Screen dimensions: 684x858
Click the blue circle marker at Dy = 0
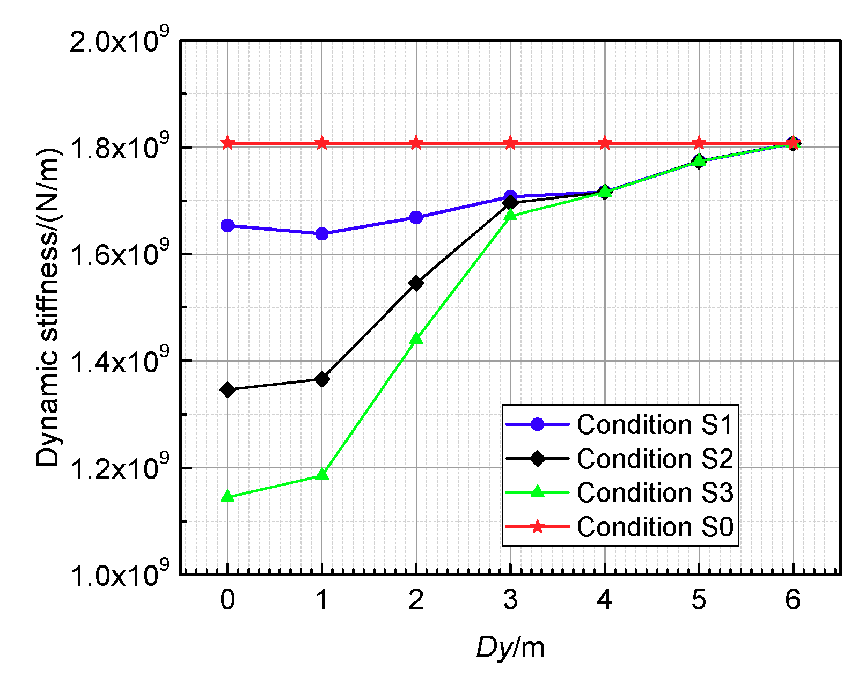228,226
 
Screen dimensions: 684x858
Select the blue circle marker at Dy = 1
322,234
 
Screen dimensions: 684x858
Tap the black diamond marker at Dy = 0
228,390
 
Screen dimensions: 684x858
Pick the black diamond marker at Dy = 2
416,283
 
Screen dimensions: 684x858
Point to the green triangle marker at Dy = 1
322,475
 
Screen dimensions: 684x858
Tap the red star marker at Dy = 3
510,143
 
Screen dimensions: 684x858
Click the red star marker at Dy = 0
228,143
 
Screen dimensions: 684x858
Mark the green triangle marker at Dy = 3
510,215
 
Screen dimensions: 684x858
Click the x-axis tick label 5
699,600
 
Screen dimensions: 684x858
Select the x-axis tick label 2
416,600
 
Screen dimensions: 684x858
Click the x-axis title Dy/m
510,648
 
